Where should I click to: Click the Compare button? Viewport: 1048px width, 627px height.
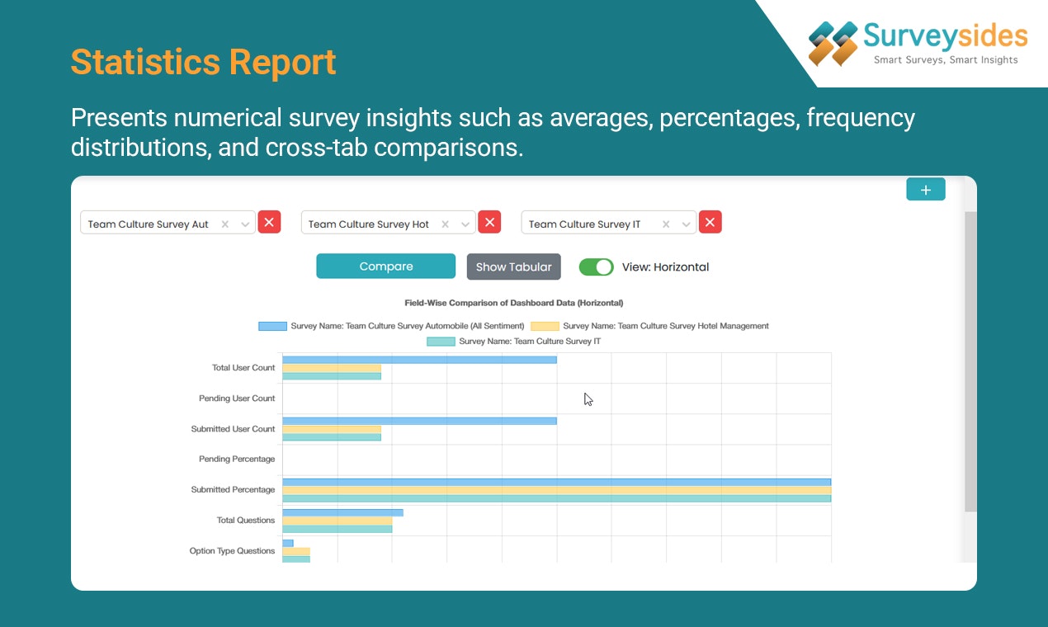click(385, 266)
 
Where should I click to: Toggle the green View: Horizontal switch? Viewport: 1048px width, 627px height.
click(596, 266)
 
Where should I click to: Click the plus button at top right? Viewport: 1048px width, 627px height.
click(925, 190)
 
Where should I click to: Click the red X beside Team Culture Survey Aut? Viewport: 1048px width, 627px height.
click(269, 222)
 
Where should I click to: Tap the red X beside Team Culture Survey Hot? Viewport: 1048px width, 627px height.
click(489, 222)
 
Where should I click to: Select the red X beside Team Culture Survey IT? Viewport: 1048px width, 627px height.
click(710, 222)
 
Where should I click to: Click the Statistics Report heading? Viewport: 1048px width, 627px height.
click(203, 63)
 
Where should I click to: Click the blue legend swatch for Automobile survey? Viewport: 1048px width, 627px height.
click(272, 326)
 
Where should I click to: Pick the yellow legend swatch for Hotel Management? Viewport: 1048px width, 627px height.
click(545, 326)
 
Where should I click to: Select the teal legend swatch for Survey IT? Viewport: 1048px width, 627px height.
click(441, 341)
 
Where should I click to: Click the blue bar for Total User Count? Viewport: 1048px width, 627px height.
click(419, 360)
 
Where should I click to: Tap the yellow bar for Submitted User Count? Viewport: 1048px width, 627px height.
click(332, 429)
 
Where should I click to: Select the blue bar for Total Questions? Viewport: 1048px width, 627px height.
click(342, 512)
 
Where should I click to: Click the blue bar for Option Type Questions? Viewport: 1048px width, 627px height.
click(288, 543)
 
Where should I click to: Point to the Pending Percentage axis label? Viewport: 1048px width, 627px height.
click(237, 459)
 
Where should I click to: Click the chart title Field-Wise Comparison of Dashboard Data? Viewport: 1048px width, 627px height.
click(513, 303)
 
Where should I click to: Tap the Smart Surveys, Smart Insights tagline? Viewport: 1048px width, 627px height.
click(946, 59)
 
